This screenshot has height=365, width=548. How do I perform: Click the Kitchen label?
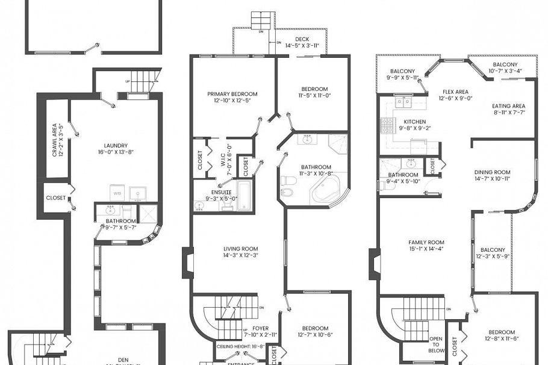[414, 124]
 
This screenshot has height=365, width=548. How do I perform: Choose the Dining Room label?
[492, 175]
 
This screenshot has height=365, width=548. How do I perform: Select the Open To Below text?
[437, 345]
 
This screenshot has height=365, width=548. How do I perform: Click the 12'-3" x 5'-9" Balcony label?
[493, 253]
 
